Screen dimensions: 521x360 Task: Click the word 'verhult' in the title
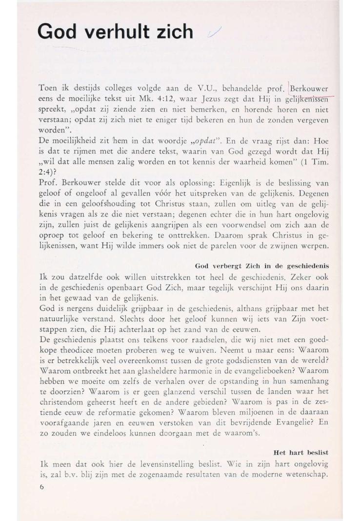pyautogui.click(x=122, y=32)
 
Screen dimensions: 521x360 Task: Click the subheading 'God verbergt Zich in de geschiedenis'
pyautogui.click(x=261, y=266)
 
